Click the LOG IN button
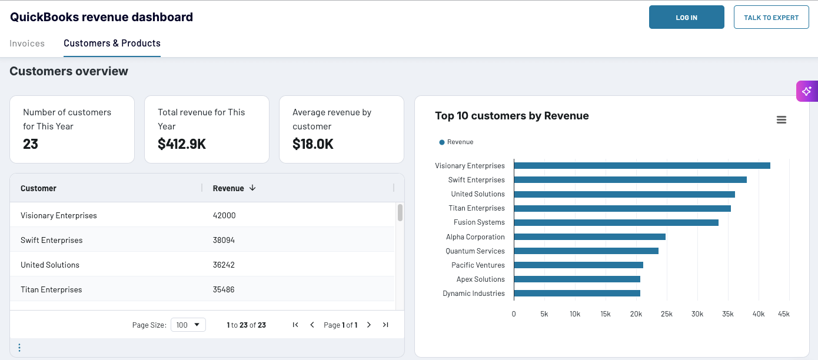686,18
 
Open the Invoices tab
27,44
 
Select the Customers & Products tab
112,44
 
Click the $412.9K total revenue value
182,144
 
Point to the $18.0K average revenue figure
313,144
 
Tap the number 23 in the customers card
31,144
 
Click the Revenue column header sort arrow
252,188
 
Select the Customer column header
39,188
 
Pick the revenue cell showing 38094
224,240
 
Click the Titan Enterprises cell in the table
51,289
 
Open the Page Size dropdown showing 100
188,325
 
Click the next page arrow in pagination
369,325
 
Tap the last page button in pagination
385,325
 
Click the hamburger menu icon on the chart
782,120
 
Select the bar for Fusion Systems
616,222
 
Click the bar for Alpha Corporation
589,236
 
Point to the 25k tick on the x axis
667,314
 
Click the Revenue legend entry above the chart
457,142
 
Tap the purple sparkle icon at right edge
806,91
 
